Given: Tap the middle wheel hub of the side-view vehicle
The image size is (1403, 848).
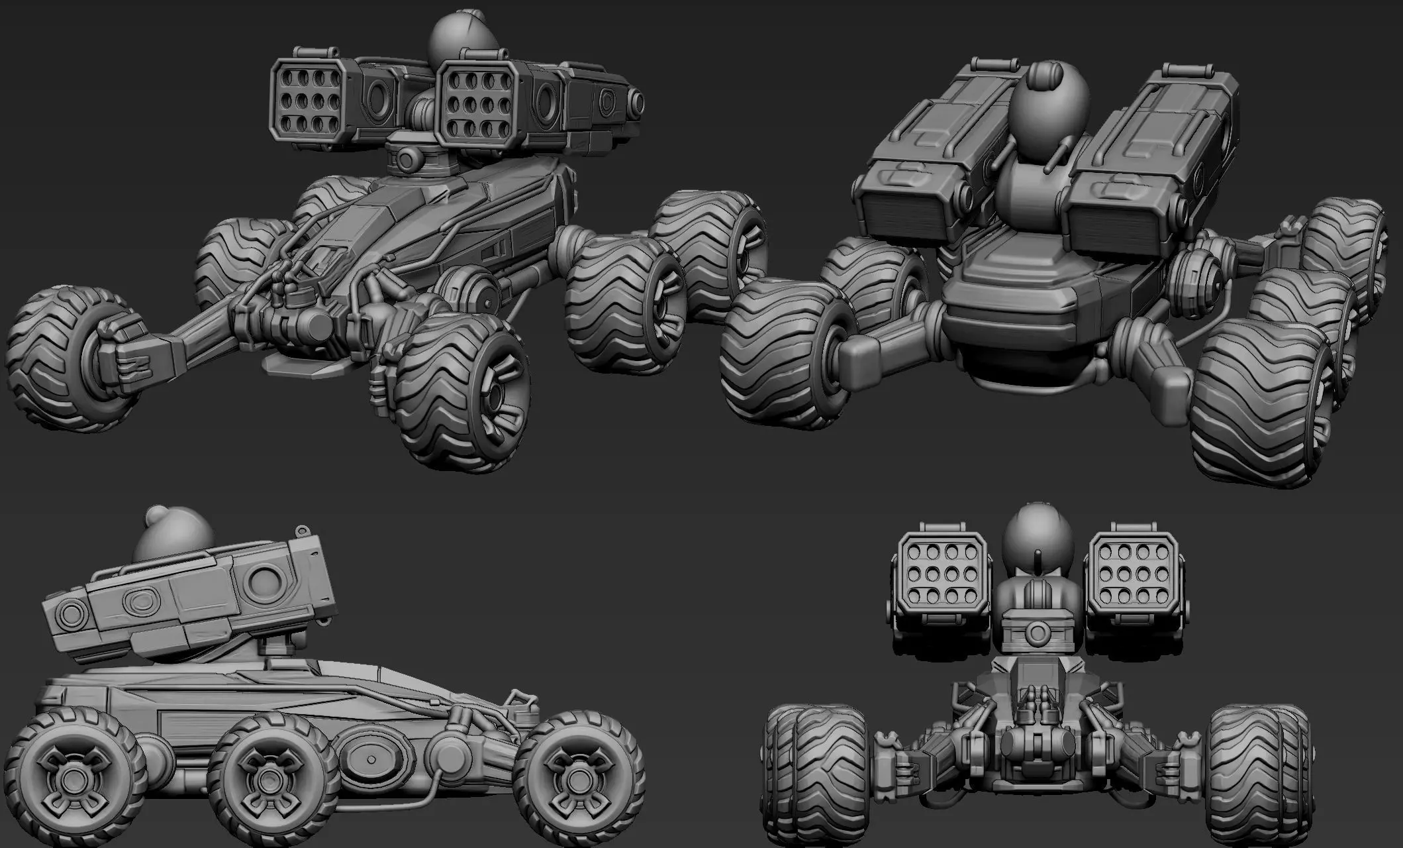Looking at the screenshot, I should click(x=265, y=775).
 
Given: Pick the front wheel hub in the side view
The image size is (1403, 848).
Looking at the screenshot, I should click(x=567, y=774).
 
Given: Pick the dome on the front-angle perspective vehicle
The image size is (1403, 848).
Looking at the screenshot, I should click(x=462, y=33).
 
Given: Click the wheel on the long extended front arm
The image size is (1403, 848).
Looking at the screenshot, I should click(x=63, y=358).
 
